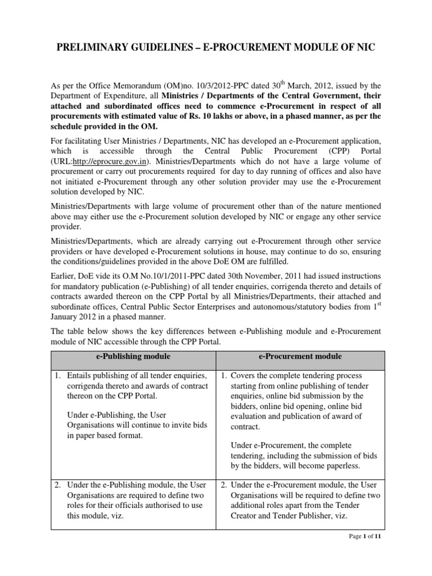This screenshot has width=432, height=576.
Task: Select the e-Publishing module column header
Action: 133,357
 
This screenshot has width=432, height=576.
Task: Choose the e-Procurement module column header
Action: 300,357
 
